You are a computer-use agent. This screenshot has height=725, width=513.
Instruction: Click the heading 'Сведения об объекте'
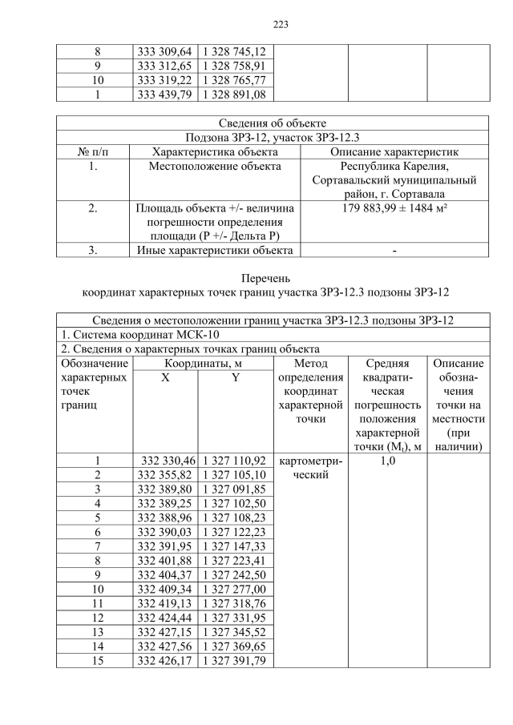[x=273, y=123]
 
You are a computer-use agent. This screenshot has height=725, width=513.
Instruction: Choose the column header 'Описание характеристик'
[x=393, y=151]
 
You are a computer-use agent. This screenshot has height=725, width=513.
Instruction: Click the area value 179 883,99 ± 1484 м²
[x=393, y=209]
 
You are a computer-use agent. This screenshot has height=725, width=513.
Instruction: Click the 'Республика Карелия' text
[x=393, y=166]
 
